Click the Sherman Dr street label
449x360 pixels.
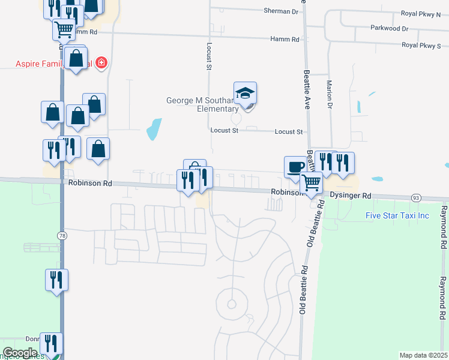coord(281,11)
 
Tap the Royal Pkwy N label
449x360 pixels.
coord(420,14)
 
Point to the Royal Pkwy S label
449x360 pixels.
coord(421,45)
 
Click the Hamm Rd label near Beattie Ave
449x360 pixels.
coord(287,39)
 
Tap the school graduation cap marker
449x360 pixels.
coord(245,94)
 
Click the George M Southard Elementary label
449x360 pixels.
coord(202,104)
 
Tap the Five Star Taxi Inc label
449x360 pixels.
coord(398,215)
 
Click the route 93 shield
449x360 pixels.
coord(415,197)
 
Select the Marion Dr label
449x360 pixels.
coord(329,94)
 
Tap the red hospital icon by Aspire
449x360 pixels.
coord(102,62)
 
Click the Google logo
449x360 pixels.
coord(20,353)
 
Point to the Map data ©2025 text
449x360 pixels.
coord(423,355)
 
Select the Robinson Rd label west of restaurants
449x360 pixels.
coord(90,184)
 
